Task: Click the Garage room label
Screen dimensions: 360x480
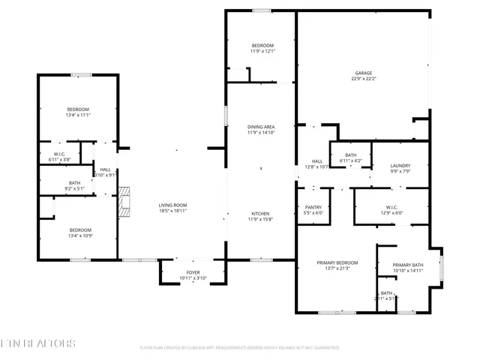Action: click(x=363, y=73)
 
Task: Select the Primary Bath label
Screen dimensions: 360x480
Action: click(x=409, y=266)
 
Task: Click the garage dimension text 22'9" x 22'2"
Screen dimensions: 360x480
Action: click(x=363, y=78)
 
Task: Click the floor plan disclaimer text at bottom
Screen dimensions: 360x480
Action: click(x=240, y=348)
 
